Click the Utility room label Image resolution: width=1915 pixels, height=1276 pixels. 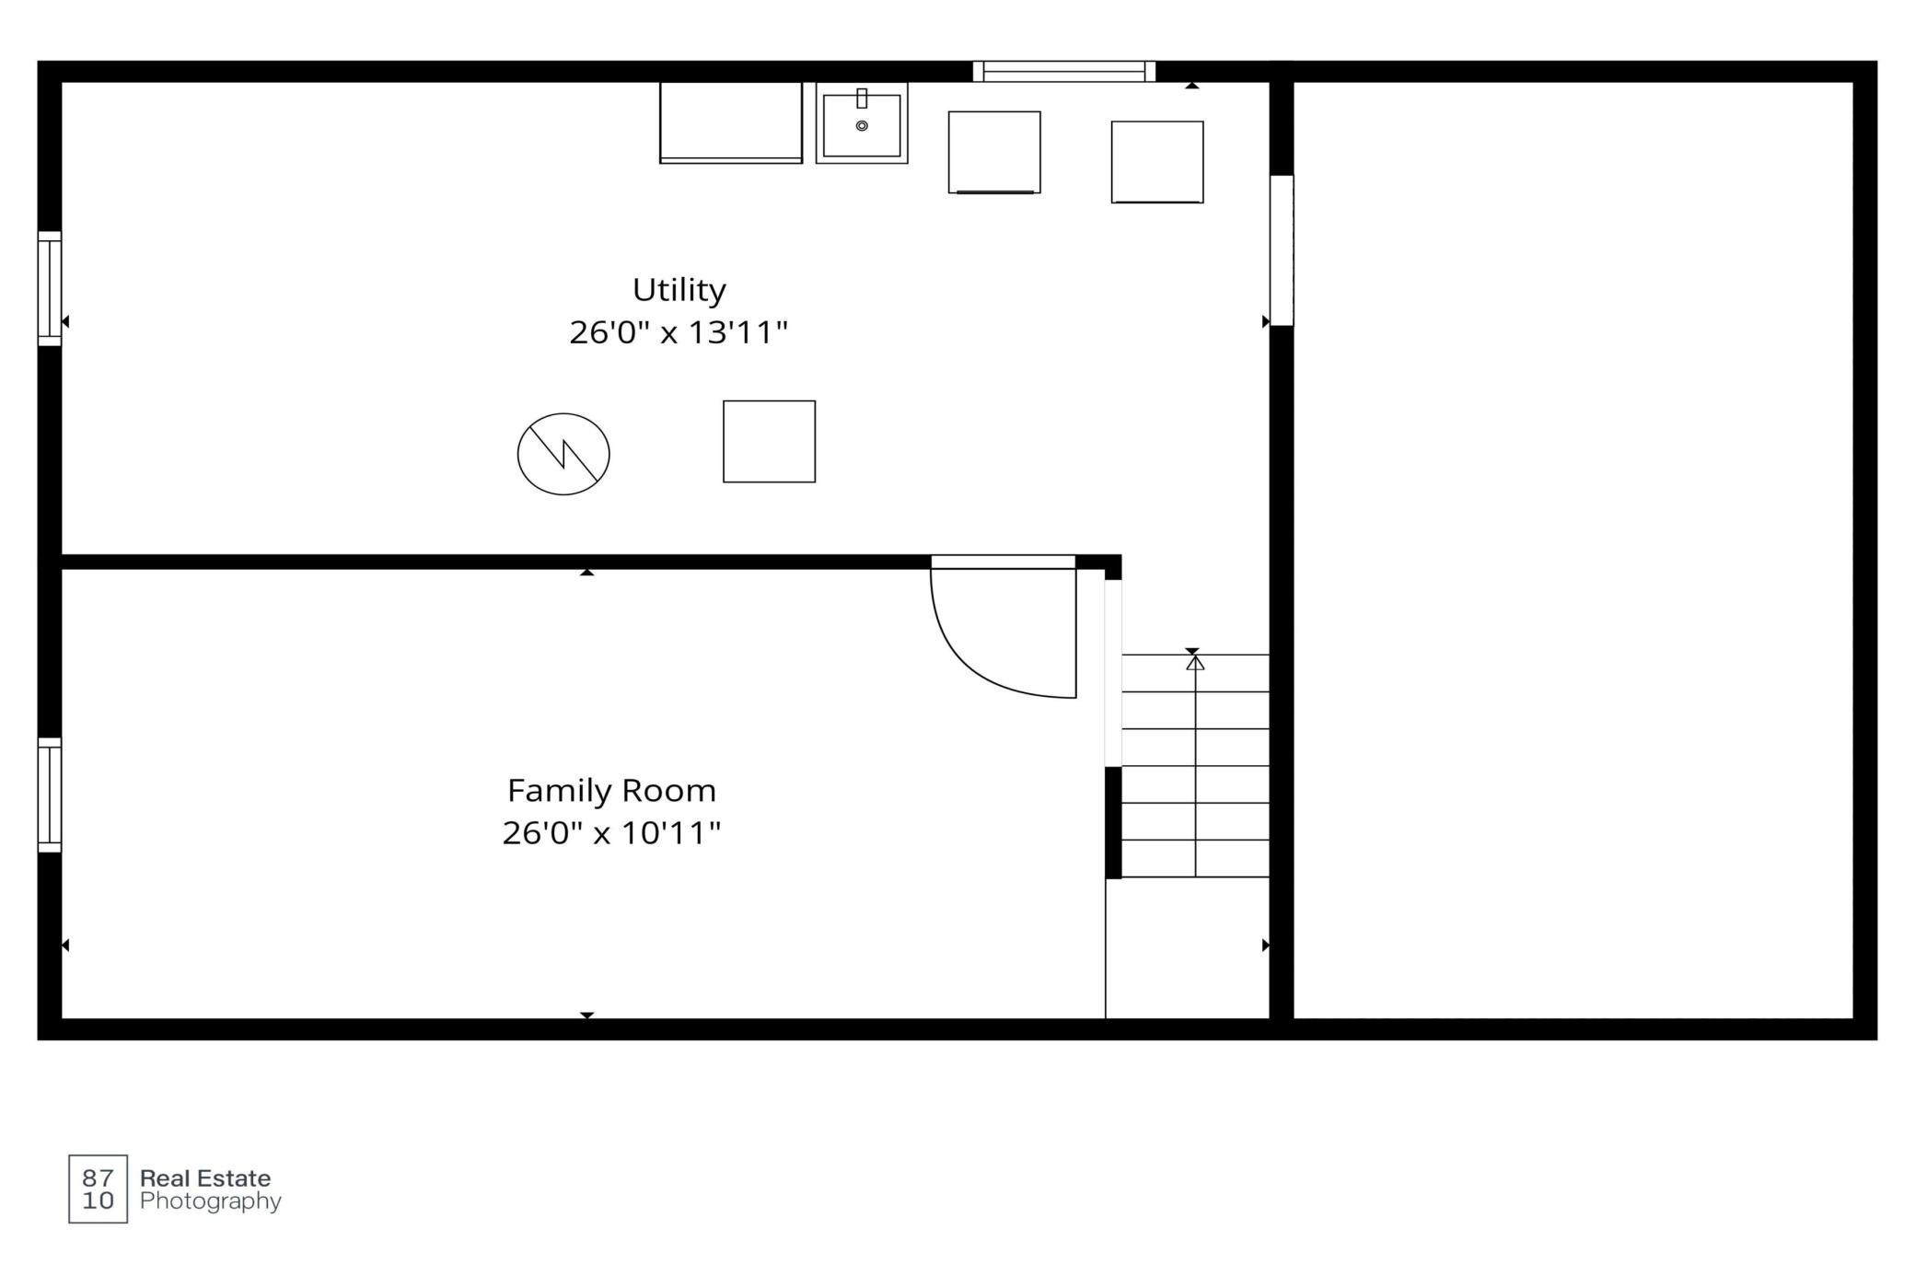point(679,290)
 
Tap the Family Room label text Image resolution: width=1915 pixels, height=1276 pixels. point(611,791)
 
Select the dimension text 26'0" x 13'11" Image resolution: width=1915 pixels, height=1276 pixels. point(679,332)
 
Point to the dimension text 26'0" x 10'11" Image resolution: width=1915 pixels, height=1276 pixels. point(611,833)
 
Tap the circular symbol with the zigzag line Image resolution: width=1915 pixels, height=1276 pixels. point(563,454)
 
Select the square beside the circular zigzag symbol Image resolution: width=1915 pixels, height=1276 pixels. point(769,441)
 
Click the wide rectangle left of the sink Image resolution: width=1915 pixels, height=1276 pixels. point(731,122)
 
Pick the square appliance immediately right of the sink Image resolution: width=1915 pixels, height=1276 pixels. point(994,153)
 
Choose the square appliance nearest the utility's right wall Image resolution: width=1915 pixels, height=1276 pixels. point(1157,162)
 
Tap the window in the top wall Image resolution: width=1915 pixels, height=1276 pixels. point(1064,72)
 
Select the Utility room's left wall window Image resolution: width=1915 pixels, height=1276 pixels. point(50,289)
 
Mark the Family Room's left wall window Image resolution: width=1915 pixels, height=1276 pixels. point(50,795)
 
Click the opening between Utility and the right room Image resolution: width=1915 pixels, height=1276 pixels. point(1282,250)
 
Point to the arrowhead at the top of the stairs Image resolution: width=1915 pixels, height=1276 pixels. point(1195,662)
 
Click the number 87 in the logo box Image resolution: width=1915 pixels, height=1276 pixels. point(98,1177)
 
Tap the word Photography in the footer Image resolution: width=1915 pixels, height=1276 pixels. point(211,1201)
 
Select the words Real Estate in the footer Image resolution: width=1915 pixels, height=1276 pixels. point(205,1178)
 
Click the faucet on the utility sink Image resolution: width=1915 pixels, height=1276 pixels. point(862,99)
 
